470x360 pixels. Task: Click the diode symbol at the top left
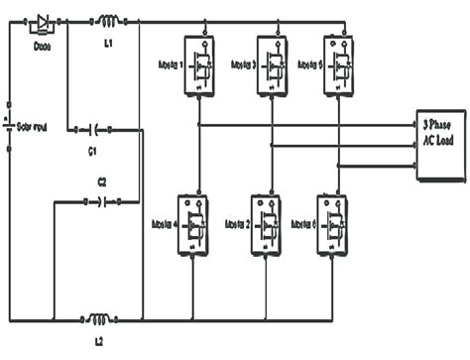[x=43, y=20]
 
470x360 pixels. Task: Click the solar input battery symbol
[x=10, y=127]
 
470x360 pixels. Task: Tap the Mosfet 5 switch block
[x=338, y=63]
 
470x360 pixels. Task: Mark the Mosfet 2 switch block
[x=265, y=224]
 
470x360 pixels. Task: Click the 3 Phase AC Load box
[x=439, y=142]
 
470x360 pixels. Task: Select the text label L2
[x=99, y=342]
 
